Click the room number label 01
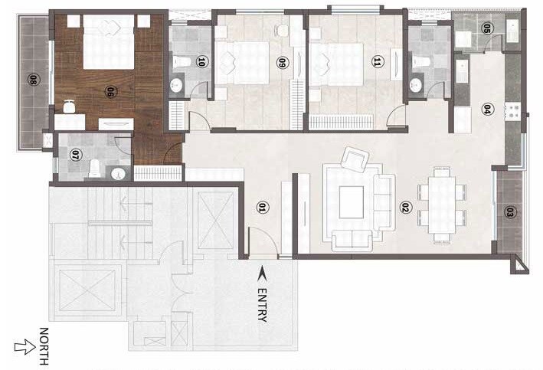pyautogui.click(x=262, y=207)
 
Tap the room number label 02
pyautogui.click(x=406, y=207)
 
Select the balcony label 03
pyautogui.click(x=509, y=212)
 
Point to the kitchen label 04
pyautogui.click(x=486, y=109)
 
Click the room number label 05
pyautogui.click(x=486, y=29)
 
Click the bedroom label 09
pyautogui.click(x=282, y=64)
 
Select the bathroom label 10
pyautogui.click(x=201, y=62)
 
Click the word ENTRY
pyautogui.click(x=263, y=305)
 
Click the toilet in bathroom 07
pyautogui.click(x=93, y=168)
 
